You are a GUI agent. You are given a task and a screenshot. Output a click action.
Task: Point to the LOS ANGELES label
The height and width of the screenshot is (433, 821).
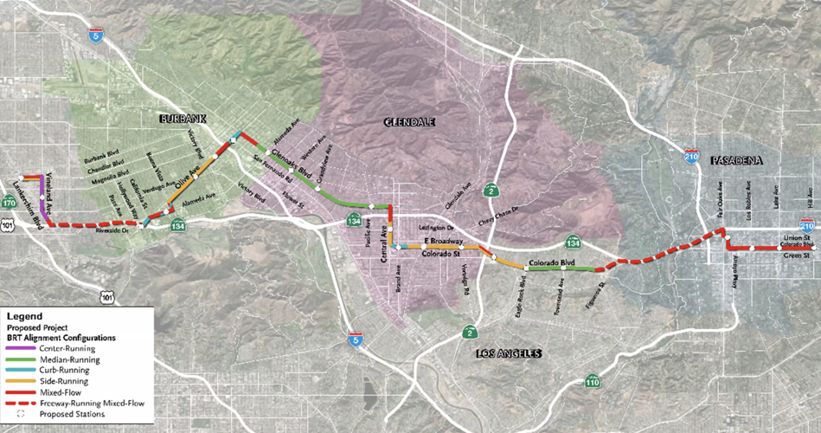coord(508,353)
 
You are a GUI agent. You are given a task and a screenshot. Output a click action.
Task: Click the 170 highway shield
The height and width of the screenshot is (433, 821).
coord(10,203)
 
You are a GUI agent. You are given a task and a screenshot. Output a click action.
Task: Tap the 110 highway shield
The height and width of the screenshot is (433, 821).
coord(592,381)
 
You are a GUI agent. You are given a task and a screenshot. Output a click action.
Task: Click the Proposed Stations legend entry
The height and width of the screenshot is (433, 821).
coord(71,415)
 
